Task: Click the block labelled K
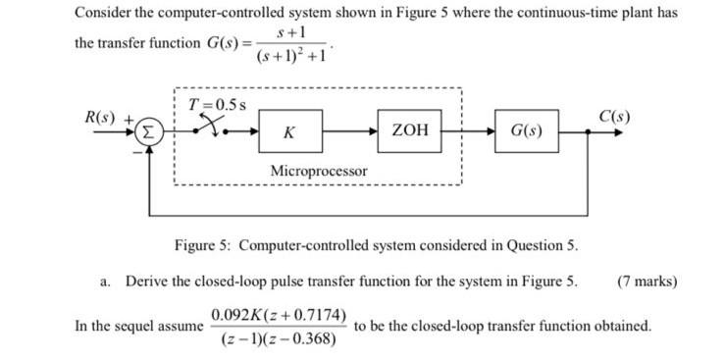[289, 130]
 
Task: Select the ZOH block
[409, 130]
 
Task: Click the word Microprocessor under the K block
[319, 172]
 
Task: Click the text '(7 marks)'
[647, 281]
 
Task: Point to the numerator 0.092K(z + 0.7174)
[279, 316]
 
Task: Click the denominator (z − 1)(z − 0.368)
[279, 339]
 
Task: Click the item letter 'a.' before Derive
[105, 281]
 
